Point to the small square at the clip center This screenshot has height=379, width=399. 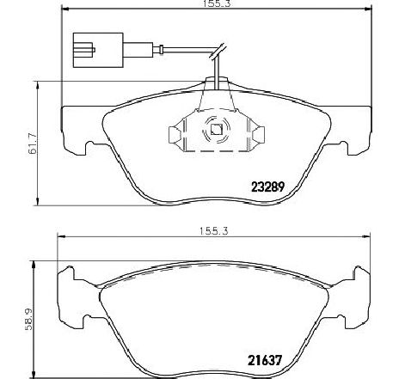click(x=215, y=131)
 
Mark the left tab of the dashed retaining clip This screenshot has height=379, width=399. click(x=172, y=132)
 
